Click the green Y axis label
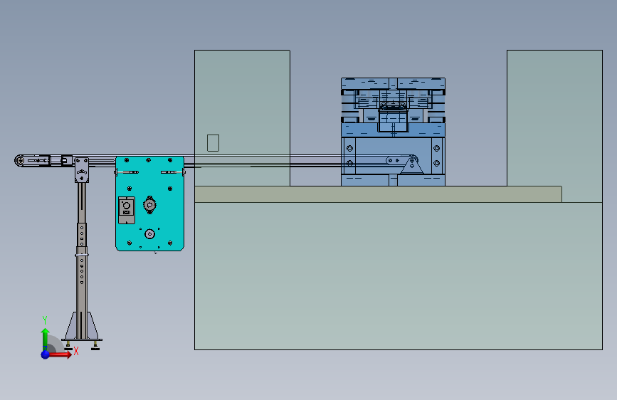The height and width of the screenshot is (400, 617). pos(45,320)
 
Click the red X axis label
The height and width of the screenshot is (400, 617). pos(76,351)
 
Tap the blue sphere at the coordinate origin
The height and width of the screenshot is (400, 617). pos(46,354)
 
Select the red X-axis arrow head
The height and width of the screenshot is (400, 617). pos(68,354)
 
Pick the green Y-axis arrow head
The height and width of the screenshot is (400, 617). pos(46,331)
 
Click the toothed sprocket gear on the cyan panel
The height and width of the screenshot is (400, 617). pos(149,205)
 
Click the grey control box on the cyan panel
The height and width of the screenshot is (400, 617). pos(126,210)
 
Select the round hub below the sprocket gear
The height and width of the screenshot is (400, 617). pos(149,234)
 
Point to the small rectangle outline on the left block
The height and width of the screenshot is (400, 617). pos(213,143)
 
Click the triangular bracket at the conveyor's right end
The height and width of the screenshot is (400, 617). pos(412,165)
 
